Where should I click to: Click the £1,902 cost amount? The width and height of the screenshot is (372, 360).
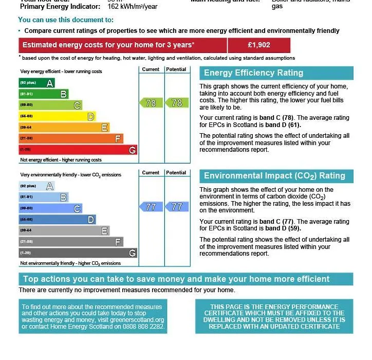(x=258, y=45)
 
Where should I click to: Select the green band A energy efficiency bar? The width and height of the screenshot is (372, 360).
(x=36, y=83)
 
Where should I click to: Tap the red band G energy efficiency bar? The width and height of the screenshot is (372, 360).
(x=78, y=150)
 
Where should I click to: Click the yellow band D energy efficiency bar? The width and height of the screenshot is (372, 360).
(x=57, y=117)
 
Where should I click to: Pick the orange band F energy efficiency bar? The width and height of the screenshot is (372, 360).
(x=71, y=139)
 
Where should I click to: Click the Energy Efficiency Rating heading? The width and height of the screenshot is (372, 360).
(x=254, y=73)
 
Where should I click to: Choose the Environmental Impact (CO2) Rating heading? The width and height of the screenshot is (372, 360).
(x=274, y=176)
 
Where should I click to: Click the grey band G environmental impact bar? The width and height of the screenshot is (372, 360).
(x=78, y=253)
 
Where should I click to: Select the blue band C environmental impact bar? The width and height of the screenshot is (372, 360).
(x=50, y=208)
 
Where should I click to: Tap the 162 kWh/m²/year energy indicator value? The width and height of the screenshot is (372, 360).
(x=133, y=7)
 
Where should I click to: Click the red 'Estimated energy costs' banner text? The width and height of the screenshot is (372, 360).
(x=108, y=45)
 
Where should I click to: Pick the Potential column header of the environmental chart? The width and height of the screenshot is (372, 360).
(x=176, y=173)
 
